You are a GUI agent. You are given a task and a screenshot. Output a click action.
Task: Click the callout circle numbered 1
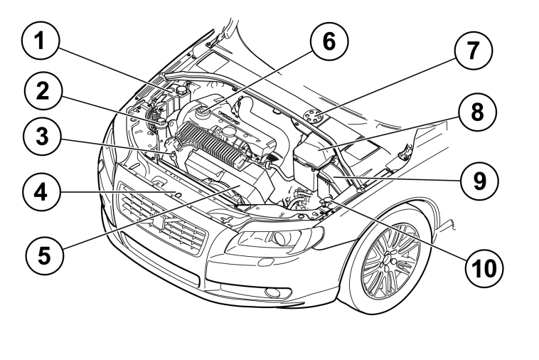click(x=41, y=41)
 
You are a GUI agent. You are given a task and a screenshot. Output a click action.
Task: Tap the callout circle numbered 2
click(x=43, y=91)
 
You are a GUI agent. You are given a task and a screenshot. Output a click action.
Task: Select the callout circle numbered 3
click(x=42, y=137)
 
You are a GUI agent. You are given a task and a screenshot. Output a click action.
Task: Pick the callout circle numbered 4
click(x=41, y=192)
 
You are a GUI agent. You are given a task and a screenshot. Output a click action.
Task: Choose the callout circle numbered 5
click(x=44, y=255)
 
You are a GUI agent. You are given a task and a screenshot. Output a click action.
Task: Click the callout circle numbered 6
click(x=329, y=41)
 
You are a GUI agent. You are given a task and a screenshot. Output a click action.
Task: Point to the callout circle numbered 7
click(x=474, y=51)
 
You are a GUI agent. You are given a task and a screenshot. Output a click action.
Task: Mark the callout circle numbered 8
click(x=477, y=112)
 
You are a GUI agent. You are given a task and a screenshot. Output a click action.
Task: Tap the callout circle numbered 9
click(x=479, y=181)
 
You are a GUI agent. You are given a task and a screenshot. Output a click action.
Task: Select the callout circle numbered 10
click(x=484, y=268)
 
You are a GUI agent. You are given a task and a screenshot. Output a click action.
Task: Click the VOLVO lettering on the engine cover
click(x=229, y=117)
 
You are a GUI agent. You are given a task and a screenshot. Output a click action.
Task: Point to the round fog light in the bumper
click(x=273, y=292)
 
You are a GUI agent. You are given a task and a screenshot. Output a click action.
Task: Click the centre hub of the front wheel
click(x=390, y=260)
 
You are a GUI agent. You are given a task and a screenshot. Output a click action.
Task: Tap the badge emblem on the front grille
click(x=161, y=221)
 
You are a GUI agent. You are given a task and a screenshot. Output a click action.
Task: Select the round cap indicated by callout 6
click(x=201, y=111)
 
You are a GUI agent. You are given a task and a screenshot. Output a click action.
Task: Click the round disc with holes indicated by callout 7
click(x=314, y=116)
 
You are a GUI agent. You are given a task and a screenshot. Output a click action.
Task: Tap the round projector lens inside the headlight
click(x=283, y=237)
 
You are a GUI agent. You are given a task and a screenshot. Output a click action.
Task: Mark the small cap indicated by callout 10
click(x=326, y=199)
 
